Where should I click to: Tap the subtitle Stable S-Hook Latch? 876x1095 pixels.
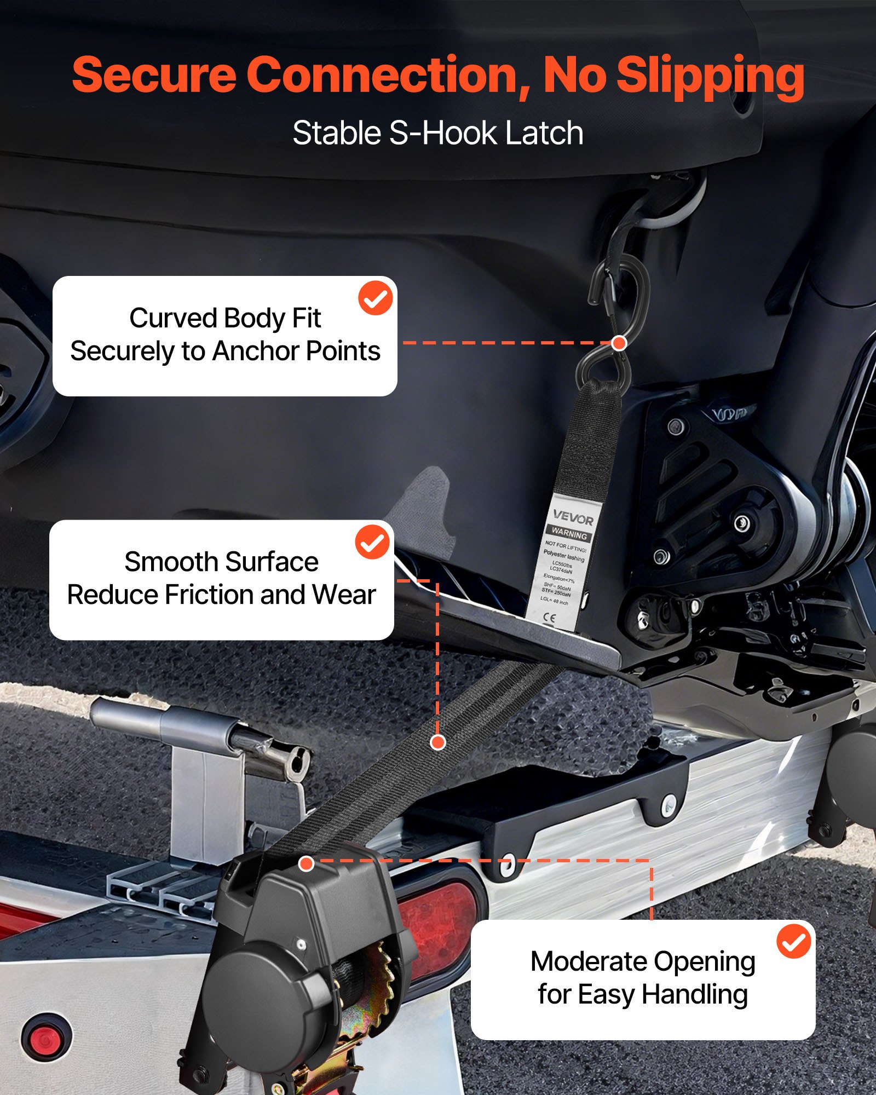[437, 133]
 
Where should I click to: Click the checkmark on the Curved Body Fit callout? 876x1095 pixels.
[376, 298]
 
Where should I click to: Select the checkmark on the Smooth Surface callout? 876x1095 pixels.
[372, 541]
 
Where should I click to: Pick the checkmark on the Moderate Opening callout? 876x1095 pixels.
[793, 941]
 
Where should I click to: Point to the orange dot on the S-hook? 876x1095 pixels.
[619, 343]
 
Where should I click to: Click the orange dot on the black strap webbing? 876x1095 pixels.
[437, 742]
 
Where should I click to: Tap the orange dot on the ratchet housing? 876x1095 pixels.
[306, 863]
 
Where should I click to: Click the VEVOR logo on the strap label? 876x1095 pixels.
[573, 517]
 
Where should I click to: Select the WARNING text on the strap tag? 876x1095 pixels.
[569, 532]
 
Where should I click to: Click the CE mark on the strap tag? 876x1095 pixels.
[549, 618]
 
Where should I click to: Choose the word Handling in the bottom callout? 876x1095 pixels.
[694, 995]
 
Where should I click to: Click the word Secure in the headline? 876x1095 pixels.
[154, 76]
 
